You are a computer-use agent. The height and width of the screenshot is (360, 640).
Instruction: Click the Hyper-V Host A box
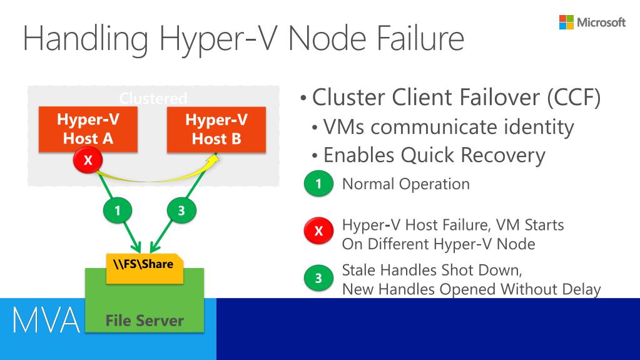click(88, 129)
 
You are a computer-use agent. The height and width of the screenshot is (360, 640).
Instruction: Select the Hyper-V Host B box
click(216, 129)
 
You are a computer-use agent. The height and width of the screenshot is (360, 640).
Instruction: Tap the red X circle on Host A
click(88, 160)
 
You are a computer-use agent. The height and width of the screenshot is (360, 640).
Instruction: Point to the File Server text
click(145, 321)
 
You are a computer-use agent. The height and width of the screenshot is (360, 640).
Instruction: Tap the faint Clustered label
click(153, 98)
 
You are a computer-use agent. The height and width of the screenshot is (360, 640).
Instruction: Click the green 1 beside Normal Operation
click(318, 185)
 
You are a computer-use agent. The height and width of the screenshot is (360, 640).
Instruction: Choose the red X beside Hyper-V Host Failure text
click(318, 232)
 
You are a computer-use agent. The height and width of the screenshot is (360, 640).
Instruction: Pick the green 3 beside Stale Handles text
click(318, 279)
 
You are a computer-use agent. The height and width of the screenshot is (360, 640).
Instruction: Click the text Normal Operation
click(406, 184)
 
